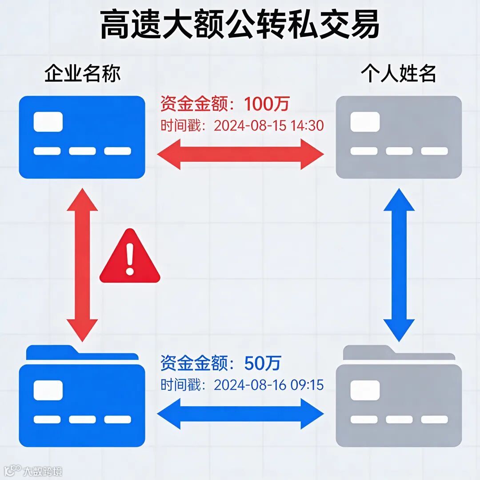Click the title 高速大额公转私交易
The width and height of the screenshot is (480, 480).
pyautogui.click(x=240, y=25)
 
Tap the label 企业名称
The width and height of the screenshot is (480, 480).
pyautogui.click(x=82, y=74)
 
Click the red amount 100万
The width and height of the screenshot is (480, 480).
pyautogui.click(x=266, y=104)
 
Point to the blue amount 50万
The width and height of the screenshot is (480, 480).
pyautogui.click(x=263, y=363)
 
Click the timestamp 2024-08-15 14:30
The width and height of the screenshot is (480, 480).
pyautogui.click(x=268, y=126)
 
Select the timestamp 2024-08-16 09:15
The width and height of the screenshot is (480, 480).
pyautogui.click(x=268, y=384)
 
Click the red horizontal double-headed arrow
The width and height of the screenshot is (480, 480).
pyautogui.click(x=240, y=154)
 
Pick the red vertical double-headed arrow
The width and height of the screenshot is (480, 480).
pyautogui.click(x=82, y=265)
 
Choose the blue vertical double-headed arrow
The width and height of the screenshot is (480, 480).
pyautogui.click(x=399, y=265)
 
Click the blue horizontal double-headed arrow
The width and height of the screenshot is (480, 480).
pyautogui.click(x=240, y=414)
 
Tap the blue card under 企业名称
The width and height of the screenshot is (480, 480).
pyautogui.click(x=82, y=137)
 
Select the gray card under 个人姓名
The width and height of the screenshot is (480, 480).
pyautogui.click(x=399, y=137)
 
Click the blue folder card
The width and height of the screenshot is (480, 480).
pyautogui.click(x=82, y=400)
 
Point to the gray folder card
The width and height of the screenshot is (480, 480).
pyautogui.click(x=399, y=400)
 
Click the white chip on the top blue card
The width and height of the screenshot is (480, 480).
pyautogui.click(x=48, y=122)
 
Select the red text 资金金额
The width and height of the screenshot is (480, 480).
pyautogui.click(x=196, y=104)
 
